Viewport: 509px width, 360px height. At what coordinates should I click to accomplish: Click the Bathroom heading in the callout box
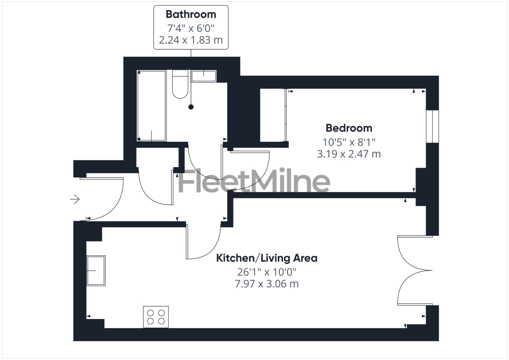pos(191,14)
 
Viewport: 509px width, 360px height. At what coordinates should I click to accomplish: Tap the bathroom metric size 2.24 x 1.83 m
pos(191,40)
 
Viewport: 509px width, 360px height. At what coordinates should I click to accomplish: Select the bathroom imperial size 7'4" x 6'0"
pos(191,27)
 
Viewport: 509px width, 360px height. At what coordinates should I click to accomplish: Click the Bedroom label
pos(349,128)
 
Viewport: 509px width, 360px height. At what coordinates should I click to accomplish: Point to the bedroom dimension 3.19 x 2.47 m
pos(349,154)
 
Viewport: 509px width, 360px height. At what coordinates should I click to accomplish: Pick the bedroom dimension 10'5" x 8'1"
pos(349,142)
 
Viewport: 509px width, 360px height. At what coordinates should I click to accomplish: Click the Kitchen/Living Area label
pos(267,258)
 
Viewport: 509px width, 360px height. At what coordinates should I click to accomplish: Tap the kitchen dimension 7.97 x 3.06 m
pos(267,284)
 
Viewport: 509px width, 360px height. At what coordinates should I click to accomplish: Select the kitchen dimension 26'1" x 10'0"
pos(267,272)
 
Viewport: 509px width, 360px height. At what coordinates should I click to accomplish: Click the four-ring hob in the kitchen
pos(156,317)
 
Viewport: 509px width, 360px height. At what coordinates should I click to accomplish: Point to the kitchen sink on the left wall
pos(96,270)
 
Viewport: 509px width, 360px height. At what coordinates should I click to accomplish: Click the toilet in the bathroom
pos(180,85)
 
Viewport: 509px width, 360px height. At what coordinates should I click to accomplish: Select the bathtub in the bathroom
pos(152,106)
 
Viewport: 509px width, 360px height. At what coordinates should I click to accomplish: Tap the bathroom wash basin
pos(204,76)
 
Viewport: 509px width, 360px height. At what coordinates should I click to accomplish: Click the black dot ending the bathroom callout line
pos(191,107)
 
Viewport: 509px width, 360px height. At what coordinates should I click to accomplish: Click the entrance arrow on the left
pos(75,199)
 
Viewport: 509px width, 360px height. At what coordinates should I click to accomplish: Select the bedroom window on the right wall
pos(432,126)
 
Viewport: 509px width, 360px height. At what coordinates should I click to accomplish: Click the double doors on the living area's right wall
pos(414,270)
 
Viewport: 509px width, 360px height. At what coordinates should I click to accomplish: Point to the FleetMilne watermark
pos(255,181)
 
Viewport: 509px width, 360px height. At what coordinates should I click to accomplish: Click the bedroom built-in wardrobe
pos(273,115)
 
